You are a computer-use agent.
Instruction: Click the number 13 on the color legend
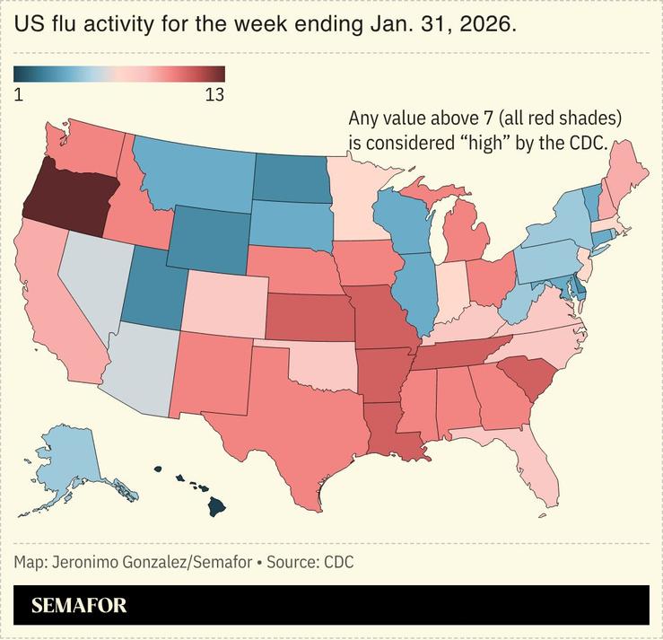pos(214,94)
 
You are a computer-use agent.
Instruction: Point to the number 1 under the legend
pos(19,94)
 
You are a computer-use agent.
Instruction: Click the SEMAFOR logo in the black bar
pos(79,606)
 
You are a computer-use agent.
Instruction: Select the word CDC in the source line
pos(338,563)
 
